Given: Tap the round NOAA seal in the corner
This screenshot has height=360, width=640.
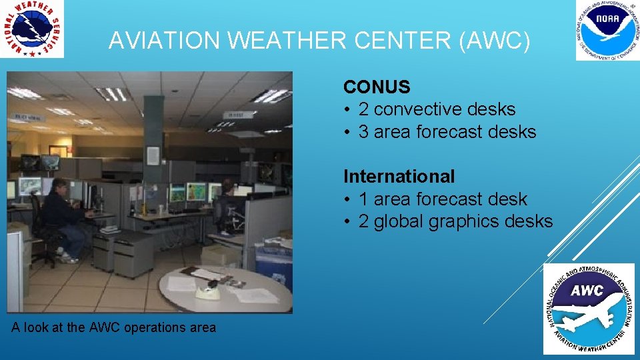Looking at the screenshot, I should pos(607,30).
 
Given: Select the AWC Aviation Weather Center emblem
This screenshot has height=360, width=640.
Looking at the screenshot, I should pos(588,309).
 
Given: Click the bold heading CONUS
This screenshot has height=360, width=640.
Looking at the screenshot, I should pos(377,87).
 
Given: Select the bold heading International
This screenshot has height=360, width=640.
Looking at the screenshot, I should pos(399,177).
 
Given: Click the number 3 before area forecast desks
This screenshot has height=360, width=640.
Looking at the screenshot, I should pos(363,132).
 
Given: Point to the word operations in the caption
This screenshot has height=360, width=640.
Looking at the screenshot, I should pos(154,327).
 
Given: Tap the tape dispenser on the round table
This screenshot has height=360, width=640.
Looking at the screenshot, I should pos(209,288).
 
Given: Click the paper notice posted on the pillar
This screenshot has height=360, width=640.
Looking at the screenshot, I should pos(153,155).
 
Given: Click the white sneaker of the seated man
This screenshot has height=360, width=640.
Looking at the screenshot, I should pos(68,259).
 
